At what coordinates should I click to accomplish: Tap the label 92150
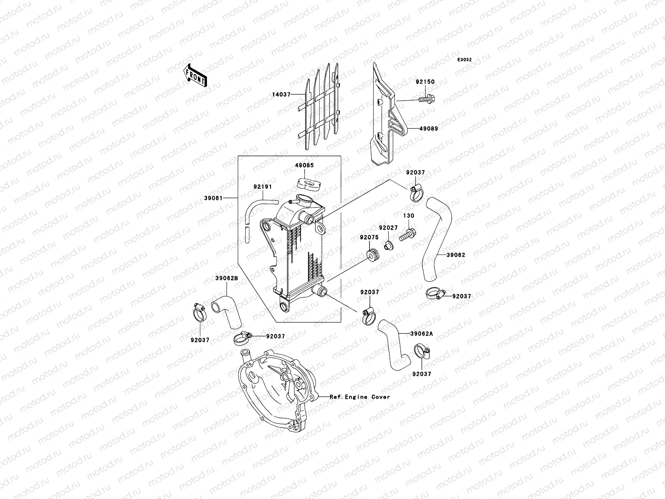425,82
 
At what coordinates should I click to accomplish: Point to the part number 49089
428,128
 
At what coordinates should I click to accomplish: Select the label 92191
262,187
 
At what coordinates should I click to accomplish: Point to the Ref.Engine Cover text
360,397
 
